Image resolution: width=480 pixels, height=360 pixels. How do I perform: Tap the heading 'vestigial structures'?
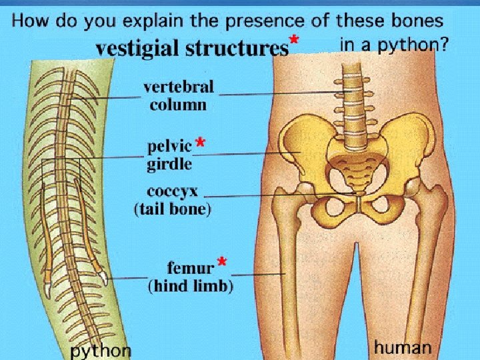point(191,49)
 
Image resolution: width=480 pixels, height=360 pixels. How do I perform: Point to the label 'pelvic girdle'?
point(169,155)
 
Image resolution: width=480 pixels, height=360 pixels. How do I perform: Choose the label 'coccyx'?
point(173,192)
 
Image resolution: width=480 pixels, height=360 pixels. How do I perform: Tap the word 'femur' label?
point(190,268)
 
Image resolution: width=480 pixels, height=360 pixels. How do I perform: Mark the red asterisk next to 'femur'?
point(222,263)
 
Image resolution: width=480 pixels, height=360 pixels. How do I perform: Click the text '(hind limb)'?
point(191,287)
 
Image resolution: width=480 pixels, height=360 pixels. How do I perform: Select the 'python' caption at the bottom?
point(101,350)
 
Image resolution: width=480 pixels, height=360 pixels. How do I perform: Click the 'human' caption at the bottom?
point(403,347)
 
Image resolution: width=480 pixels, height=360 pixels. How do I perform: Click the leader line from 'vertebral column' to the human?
point(280,94)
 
